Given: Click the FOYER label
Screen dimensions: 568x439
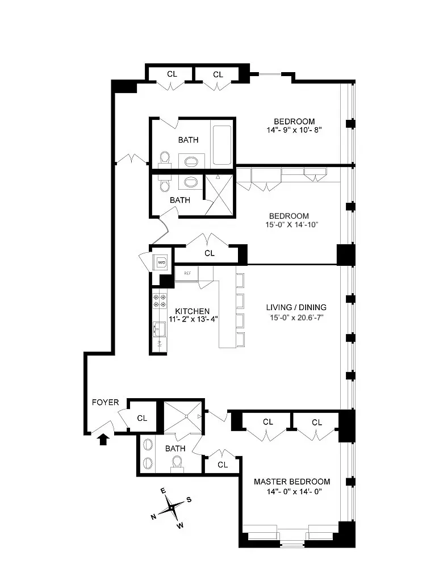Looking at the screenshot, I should click(x=106, y=402).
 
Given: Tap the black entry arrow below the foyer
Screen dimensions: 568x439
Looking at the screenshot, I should click(x=103, y=439).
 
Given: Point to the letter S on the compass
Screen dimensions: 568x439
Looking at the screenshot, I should click(x=189, y=500).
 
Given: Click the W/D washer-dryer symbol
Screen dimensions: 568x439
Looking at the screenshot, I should click(x=161, y=262).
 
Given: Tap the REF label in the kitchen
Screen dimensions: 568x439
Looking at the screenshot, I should click(x=186, y=273).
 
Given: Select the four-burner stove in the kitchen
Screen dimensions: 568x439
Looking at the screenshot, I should click(x=159, y=300).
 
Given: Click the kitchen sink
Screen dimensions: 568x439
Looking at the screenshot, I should click(x=158, y=328).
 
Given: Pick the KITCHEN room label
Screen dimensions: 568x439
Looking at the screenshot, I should click(x=193, y=311).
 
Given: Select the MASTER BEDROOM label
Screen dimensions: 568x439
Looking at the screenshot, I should click(x=291, y=482).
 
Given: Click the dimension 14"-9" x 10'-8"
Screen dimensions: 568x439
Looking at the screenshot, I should click(x=295, y=130).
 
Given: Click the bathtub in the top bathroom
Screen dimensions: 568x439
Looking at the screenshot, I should click(x=221, y=145).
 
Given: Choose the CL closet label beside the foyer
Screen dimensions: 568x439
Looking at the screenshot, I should click(x=142, y=418).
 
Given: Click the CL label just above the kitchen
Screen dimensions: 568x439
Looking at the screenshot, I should click(x=210, y=253).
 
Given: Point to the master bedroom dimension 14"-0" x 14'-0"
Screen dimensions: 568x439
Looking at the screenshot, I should click(x=291, y=491).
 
